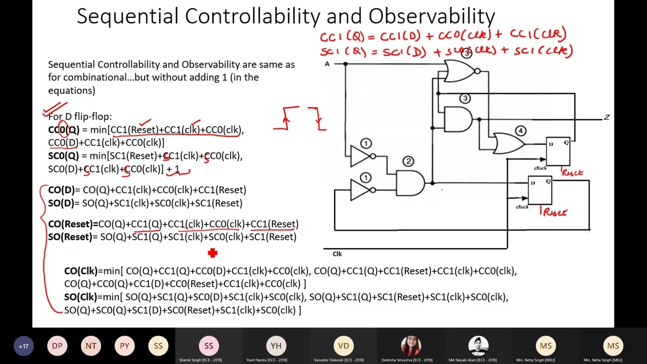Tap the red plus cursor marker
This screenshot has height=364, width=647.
pos(212,253)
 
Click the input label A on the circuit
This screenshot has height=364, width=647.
pos(327,64)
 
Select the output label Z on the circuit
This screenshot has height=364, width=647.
pos(607,117)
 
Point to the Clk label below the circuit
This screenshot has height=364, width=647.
pos(337,254)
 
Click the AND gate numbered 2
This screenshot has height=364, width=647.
pos(410,183)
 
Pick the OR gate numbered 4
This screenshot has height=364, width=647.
pos(508,144)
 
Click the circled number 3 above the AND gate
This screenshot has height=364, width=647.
pos(465,99)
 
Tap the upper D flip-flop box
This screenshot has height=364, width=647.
pos(558,151)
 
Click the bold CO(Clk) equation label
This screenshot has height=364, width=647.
pos(81,271)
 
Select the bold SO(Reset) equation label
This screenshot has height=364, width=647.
pos(70,237)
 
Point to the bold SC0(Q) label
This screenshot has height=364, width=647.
pos(64,156)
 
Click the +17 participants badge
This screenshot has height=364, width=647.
pos(23,346)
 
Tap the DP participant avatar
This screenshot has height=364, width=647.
pos(57,346)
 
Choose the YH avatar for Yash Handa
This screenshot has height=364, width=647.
pos(276,346)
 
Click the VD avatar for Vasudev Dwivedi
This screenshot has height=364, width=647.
pos(343,346)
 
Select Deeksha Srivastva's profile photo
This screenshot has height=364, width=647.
pos(411,346)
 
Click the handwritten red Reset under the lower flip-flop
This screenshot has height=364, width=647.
pos(554,212)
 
